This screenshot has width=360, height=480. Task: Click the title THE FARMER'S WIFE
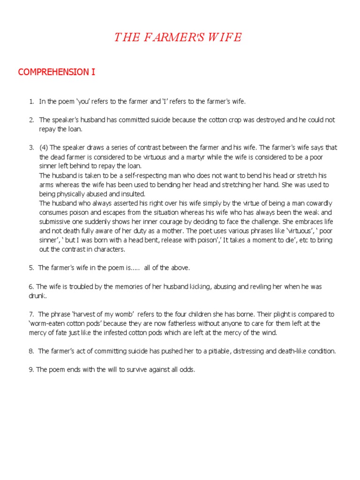178,37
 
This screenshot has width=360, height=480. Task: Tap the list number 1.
31,101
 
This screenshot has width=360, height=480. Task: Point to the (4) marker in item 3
44,148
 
